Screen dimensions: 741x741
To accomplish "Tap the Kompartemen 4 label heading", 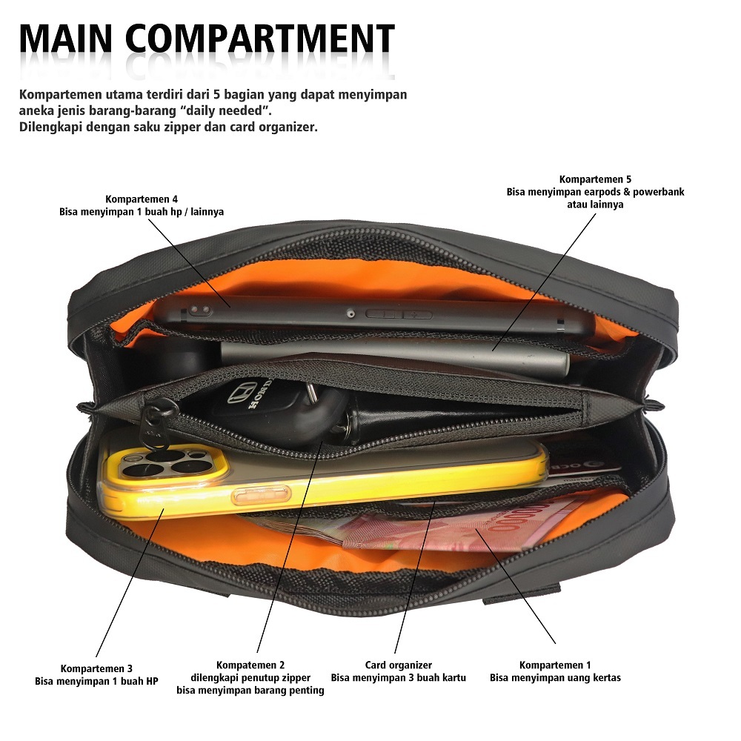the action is pyautogui.click(x=142, y=199).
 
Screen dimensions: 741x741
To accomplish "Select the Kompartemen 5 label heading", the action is pyautogui.click(x=595, y=179).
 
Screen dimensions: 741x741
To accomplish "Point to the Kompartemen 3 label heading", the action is pyautogui.click(x=96, y=668).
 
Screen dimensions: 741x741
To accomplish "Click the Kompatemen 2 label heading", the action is pyautogui.click(x=250, y=665).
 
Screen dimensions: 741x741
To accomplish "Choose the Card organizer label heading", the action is pyautogui.click(x=398, y=665).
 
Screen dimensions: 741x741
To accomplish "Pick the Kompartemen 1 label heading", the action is pyautogui.click(x=555, y=665).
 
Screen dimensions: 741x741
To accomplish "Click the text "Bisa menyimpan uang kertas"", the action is pyautogui.click(x=555, y=677).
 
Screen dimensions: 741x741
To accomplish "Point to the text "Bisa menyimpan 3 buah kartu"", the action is pyautogui.click(x=398, y=677).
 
